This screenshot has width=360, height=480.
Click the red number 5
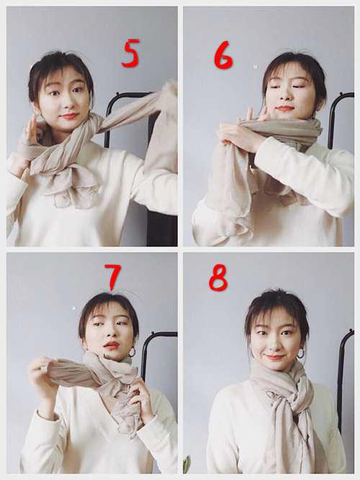click(x=130, y=53)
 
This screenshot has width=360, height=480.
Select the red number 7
click(x=112, y=277)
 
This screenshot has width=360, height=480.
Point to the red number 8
click(x=218, y=278)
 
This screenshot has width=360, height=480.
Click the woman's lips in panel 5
click(x=69, y=116)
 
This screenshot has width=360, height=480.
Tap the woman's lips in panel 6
click(x=283, y=109)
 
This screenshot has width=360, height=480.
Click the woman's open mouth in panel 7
click(x=111, y=345)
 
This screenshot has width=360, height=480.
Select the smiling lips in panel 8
click(x=274, y=357)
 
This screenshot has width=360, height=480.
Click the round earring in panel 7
click(x=132, y=352)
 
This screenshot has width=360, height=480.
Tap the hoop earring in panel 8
click(x=300, y=353)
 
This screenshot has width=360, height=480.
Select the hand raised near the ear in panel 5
click(x=33, y=131)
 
